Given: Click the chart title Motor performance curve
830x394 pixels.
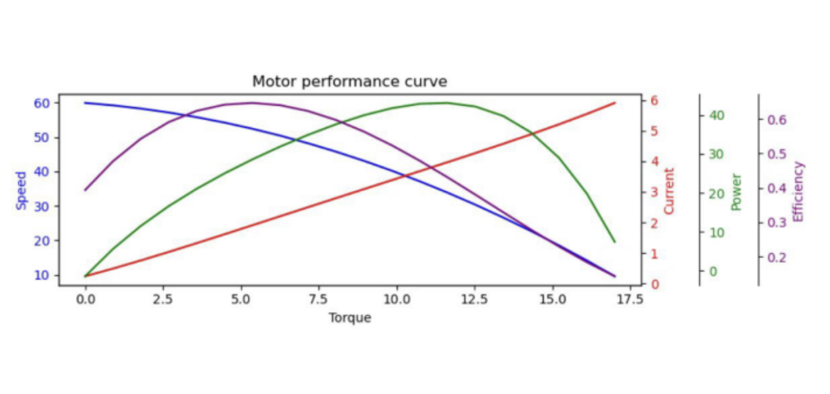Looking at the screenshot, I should [x=350, y=82].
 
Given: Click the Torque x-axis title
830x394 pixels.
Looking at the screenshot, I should [x=350, y=318].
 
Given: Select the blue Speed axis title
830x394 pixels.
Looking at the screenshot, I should [x=22, y=191].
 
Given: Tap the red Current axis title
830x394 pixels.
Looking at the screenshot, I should [x=669, y=191].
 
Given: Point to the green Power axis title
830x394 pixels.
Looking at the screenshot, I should [x=737, y=192].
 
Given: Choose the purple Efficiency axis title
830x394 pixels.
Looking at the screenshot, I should [x=798, y=192].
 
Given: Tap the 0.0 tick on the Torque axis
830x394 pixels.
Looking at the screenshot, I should [x=85, y=299].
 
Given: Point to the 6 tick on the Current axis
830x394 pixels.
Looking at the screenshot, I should [x=654, y=101].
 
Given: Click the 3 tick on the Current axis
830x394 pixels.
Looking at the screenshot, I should [x=654, y=192].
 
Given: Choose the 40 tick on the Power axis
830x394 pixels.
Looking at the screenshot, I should [x=716, y=116].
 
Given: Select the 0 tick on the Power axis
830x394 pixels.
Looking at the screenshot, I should [x=713, y=271].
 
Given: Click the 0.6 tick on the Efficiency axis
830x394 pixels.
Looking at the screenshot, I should [x=777, y=120].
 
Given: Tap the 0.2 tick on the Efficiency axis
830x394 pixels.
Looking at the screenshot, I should [x=777, y=258].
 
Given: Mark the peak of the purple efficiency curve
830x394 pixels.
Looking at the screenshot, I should [x=252, y=103].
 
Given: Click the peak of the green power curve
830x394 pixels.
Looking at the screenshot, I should [x=447, y=103].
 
